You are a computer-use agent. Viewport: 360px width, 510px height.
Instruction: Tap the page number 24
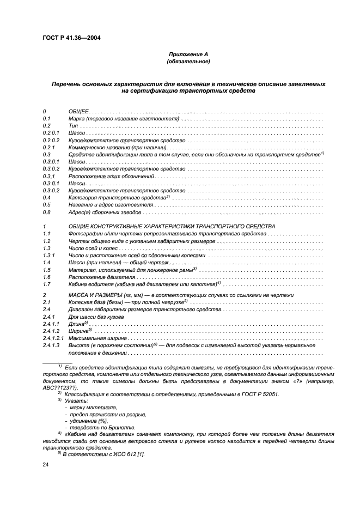pos(46,464)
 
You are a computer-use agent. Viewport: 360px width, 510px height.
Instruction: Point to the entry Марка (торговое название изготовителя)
pos(124,118)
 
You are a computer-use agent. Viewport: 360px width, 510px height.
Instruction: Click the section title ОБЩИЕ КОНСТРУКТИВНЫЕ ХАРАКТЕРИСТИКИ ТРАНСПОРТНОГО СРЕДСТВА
pos(172,226)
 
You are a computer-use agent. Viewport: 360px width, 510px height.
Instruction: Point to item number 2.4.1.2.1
pos(53,338)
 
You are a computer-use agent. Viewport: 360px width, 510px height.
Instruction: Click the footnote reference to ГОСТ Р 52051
pos(260,394)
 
